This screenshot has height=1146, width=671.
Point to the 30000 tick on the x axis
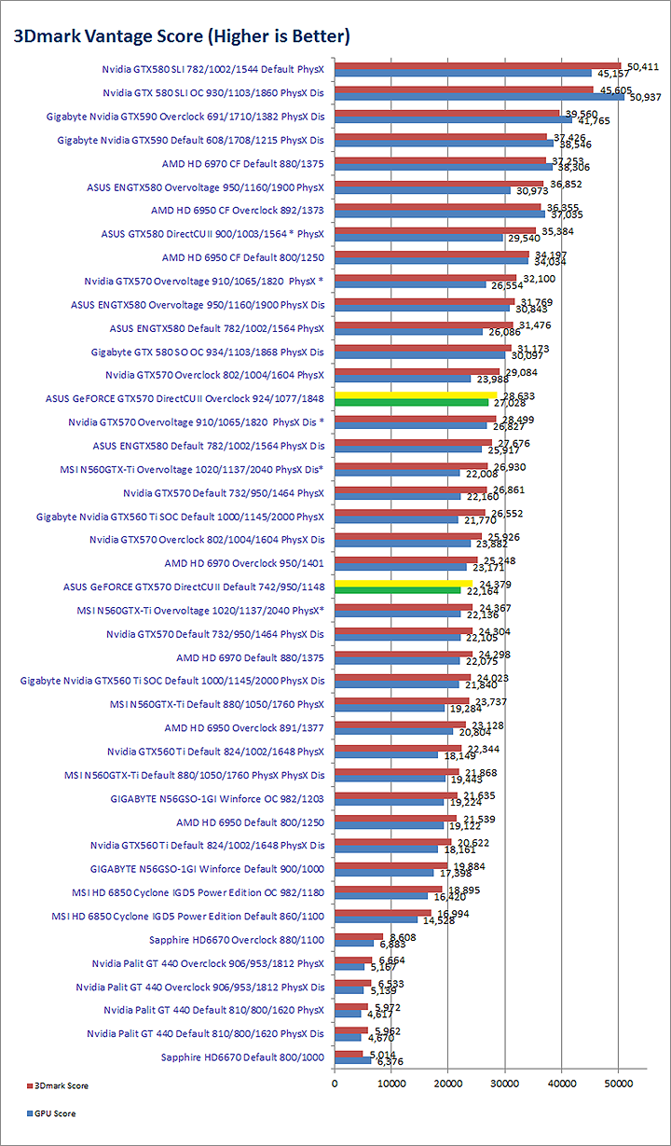[x=505, y=1083]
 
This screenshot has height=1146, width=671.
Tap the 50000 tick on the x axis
[x=620, y=1083]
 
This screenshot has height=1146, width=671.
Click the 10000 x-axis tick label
[x=391, y=1083]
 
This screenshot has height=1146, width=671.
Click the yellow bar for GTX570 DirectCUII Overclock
[x=416, y=395]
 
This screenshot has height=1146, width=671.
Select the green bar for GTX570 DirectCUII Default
[x=398, y=590]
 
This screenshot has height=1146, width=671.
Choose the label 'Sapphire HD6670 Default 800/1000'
[x=242, y=1056]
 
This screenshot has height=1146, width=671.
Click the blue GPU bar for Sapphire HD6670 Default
[x=353, y=1060]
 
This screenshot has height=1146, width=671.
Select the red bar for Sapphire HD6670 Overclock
[x=359, y=935]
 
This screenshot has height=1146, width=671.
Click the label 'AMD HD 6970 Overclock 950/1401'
[x=244, y=562]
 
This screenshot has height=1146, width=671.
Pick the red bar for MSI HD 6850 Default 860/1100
[x=383, y=912]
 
